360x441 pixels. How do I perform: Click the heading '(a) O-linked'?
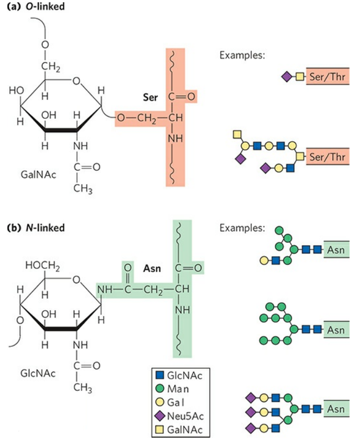[x=32, y=7]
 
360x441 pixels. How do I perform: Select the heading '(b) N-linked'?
[x=33, y=228]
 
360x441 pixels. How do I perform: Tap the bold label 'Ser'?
[x=151, y=97]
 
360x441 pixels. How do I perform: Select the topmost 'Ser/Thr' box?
[x=327, y=77]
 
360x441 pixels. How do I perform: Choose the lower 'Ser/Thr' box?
[x=327, y=156]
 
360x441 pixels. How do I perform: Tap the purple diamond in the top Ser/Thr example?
[x=286, y=77]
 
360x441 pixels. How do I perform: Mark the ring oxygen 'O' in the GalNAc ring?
[x=77, y=81]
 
